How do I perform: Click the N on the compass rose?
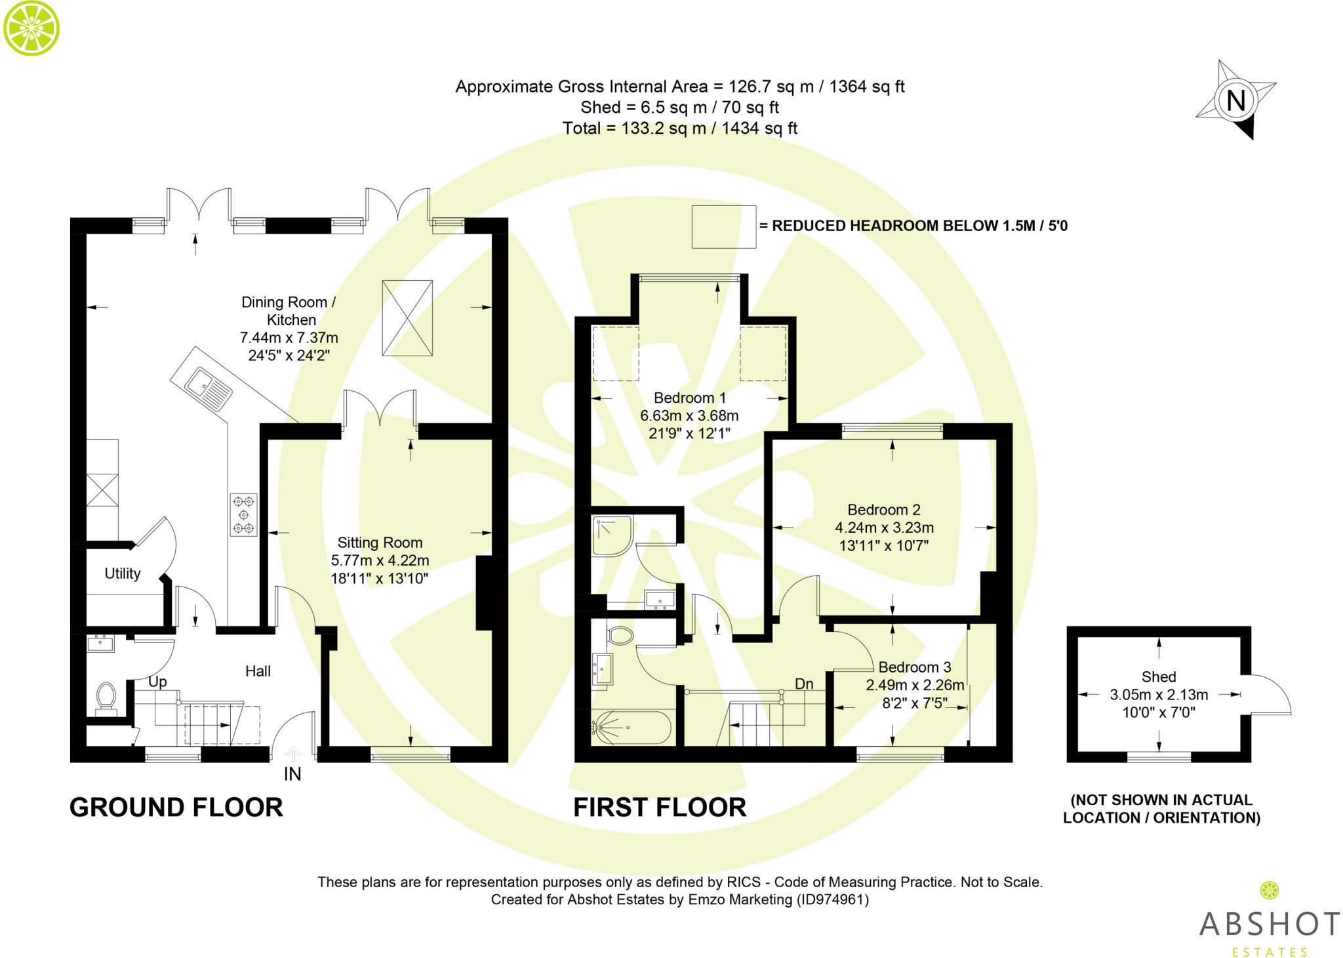tap(1236, 100)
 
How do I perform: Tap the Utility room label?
tap(123, 573)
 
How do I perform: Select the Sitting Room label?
tap(380, 543)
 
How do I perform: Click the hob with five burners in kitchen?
tap(243, 515)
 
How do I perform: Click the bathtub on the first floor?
tap(631, 728)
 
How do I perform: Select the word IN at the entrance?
tap(292, 774)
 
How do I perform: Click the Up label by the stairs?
tap(157, 682)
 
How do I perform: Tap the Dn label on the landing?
tap(804, 684)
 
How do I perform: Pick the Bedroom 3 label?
tap(915, 667)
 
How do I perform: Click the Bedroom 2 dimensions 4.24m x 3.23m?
tap(884, 528)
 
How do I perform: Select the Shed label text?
tap(1159, 677)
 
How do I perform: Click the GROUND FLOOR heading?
tap(176, 807)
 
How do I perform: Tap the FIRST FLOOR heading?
tap(660, 807)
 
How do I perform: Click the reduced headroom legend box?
tap(724, 226)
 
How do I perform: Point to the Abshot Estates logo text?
tap(1270, 932)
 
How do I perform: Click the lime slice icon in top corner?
tap(31, 28)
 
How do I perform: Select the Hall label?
tap(258, 671)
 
